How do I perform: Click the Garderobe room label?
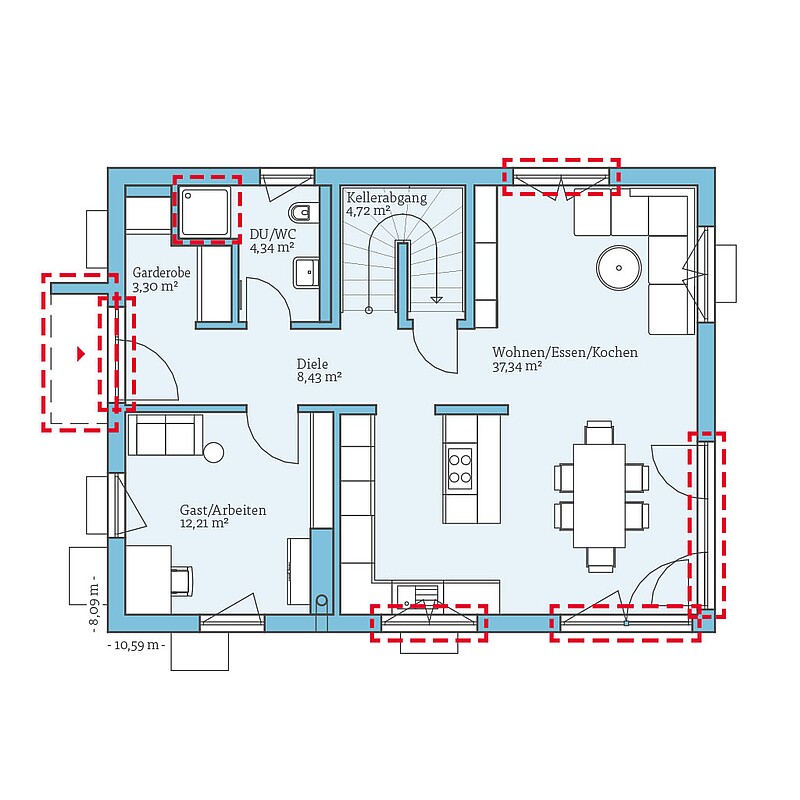coord(161,272)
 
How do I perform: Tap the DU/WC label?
coord(272,234)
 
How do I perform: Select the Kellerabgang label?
coord(387,198)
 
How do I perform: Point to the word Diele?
coord(312,364)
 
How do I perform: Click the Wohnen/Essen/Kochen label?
coord(565,352)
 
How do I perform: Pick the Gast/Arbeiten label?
coord(223,510)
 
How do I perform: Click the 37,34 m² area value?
coord(517,366)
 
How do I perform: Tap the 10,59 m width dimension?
coord(136,645)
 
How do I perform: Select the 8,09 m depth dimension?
coord(94,604)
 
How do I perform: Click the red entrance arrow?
coord(81,354)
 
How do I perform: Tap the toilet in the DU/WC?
coord(302,213)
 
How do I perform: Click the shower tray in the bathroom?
coord(205,212)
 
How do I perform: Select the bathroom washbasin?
coord(306,273)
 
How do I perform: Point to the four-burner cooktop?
coord(459,468)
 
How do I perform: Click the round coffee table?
coord(619,268)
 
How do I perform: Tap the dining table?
coord(599,495)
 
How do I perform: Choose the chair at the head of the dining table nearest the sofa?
coord(599,432)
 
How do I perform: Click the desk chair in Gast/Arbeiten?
coord(182,581)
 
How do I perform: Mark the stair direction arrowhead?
coord(436,299)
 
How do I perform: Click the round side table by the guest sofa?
coord(213,452)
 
